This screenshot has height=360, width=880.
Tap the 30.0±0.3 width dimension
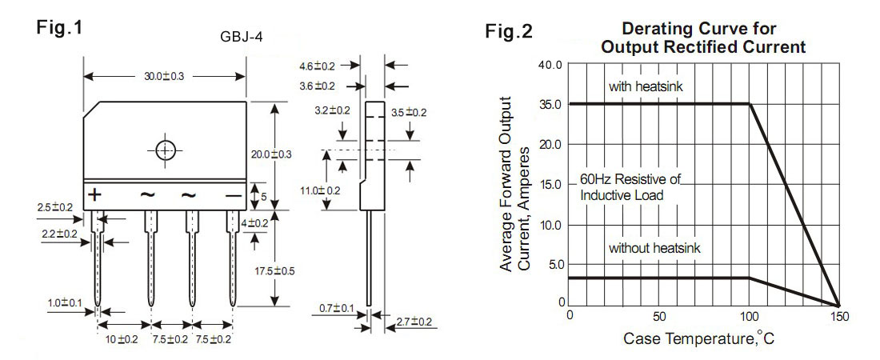[164, 76]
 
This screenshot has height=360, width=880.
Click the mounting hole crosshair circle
[164, 150]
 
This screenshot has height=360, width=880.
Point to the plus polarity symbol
[94, 194]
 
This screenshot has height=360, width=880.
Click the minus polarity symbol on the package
[233, 194]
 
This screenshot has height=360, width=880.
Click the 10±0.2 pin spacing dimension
[123, 339]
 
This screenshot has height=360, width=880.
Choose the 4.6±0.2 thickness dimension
[317, 66]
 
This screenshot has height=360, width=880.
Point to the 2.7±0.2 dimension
[414, 322]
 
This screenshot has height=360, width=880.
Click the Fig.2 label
[508, 32]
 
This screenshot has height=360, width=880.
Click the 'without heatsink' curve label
[654, 248]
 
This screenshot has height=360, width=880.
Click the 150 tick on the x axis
[838, 316]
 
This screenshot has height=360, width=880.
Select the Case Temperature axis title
[698, 338]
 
